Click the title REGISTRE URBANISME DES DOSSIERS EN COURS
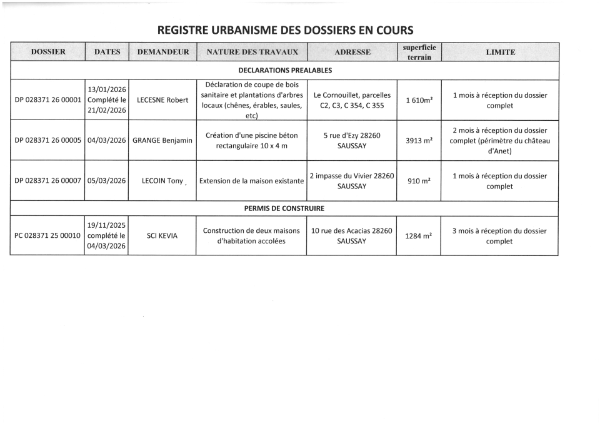click(285, 29)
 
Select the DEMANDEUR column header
click(162, 52)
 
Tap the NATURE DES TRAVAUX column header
click(252, 52)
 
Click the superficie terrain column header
click(419, 52)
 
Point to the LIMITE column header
click(500, 52)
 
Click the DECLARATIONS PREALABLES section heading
click(285, 71)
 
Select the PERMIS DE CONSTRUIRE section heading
click(284, 208)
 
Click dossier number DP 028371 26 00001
click(48, 100)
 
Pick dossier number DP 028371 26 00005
click(48, 140)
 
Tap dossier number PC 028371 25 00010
click(48, 236)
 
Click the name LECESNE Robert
click(162, 100)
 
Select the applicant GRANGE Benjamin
click(162, 140)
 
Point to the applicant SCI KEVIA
click(162, 236)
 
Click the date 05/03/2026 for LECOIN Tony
click(107, 181)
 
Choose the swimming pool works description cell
click(252, 140)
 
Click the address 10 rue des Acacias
click(352, 236)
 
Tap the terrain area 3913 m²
click(419, 140)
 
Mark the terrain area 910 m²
click(419, 181)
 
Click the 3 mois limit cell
click(499, 236)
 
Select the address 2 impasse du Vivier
click(352, 181)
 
